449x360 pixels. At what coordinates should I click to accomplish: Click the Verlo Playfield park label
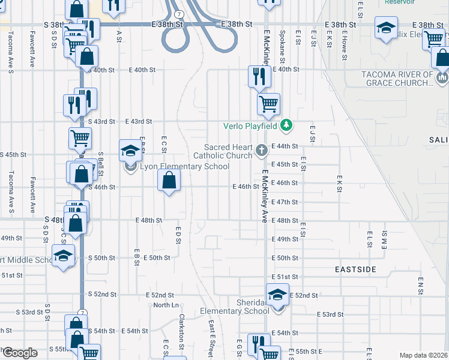coord(250,126)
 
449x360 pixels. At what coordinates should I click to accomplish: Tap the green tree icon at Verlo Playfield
coord(288,125)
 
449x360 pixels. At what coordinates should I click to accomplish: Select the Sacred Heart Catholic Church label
coord(229,151)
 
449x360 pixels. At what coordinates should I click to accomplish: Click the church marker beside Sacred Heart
coord(261,150)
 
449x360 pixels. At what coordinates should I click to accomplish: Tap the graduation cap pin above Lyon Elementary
coord(130,151)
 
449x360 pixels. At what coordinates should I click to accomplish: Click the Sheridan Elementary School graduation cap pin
coord(277,295)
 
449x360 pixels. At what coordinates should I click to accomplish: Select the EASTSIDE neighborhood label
coord(356,270)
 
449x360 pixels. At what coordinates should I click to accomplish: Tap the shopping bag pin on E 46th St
coord(169,179)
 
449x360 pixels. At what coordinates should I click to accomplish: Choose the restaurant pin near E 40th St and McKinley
coord(258,76)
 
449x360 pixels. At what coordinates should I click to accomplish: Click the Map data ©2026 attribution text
coord(424,355)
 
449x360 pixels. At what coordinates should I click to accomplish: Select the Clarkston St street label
coord(181,331)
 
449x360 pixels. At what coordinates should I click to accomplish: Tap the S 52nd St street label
coord(101,294)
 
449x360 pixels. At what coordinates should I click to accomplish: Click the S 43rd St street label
coord(101,121)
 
